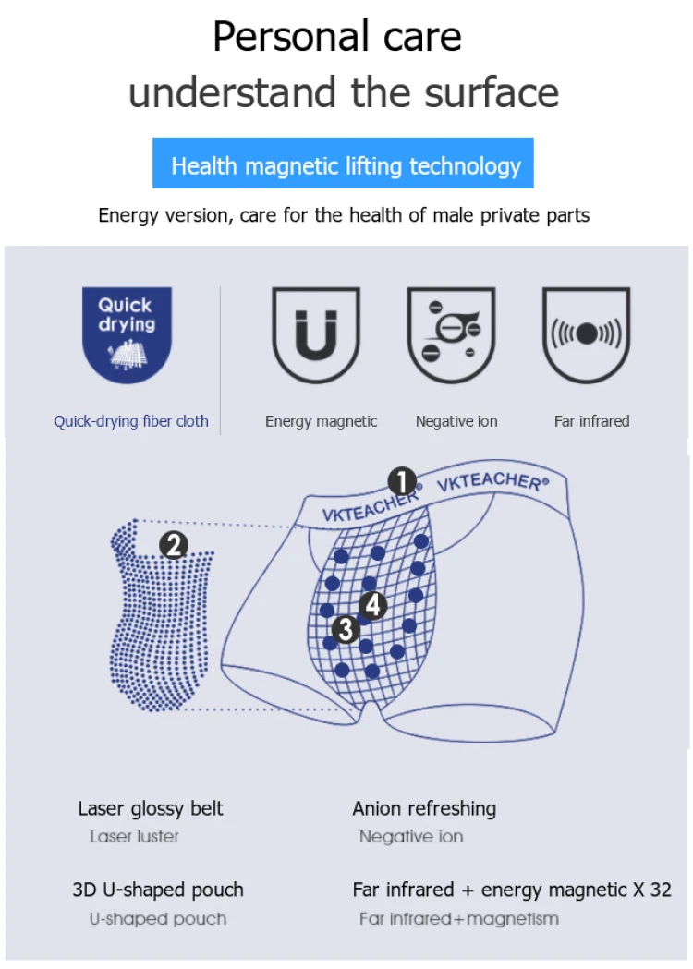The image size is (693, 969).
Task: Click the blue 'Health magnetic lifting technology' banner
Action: pos(343,164)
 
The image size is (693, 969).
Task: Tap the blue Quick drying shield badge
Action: pos(127,334)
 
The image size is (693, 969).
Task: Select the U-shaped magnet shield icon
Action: pos(316,334)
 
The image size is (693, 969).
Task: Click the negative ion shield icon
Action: pos(451,334)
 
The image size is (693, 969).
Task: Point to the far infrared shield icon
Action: pos(586,334)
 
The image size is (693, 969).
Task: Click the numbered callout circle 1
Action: pos(403,481)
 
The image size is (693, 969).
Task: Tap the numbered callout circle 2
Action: pos(174,545)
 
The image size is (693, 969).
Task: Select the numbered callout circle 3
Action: pos(346,630)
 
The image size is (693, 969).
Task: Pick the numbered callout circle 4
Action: pos(372,605)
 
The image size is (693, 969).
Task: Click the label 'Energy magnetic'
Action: pos(321,421)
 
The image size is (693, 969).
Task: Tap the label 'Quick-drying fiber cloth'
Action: pos(131,421)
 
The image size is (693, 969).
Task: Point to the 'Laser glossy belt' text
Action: pos(151,809)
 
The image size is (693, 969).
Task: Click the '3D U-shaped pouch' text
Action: pos(158,890)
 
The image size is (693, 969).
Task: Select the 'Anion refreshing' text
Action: pos(424,809)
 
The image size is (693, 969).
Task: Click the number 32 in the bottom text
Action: pos(661,890)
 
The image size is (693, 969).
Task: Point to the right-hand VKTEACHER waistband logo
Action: pos(492,481)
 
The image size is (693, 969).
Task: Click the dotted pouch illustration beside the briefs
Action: pos(162,615)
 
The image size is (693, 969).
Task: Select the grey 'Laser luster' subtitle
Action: pos(134,837)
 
